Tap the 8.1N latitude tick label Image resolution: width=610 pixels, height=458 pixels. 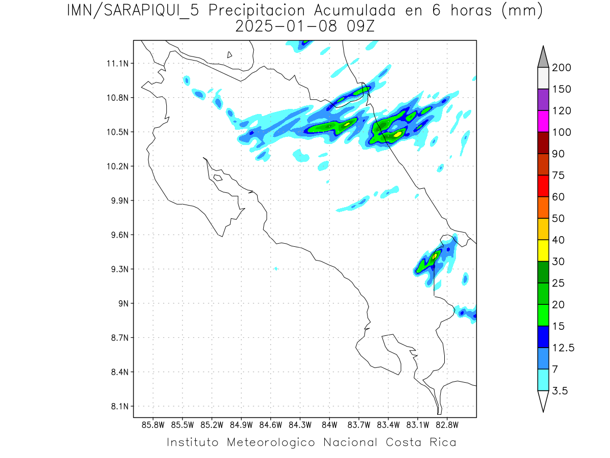[x=118, y=407]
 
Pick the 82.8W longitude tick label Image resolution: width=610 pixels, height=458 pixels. [x=447, y=424]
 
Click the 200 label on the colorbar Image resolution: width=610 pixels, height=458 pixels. [x=561, y=68]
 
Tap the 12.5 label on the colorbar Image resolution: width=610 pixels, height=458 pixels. [x=563, y=348]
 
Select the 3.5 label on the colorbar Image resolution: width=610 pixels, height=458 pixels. [x=560, y=391]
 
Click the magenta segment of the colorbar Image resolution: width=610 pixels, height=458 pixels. [x=543, y=121]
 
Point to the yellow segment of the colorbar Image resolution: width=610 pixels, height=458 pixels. [x=543, y=250]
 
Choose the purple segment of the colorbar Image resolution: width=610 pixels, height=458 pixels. [x=543, y=100]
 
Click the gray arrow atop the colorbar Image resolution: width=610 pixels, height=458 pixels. [x=543, y=58]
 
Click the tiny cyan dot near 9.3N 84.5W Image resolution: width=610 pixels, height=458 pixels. [x=276, y=268]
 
